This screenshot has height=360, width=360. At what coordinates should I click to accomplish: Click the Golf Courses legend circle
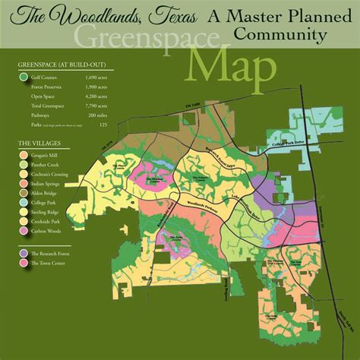pos(23,78)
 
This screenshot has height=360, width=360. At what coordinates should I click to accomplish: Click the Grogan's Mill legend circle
pos(24,156)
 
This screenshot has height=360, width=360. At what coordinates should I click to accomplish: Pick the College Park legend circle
pos(24,202)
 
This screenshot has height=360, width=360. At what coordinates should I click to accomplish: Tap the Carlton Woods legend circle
pos(24,229)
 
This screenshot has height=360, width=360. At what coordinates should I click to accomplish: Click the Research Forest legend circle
pos(24,252)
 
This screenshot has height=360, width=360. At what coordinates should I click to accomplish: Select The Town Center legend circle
pos(24,261)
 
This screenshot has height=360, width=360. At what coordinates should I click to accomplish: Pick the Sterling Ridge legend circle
pos(24,211)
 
